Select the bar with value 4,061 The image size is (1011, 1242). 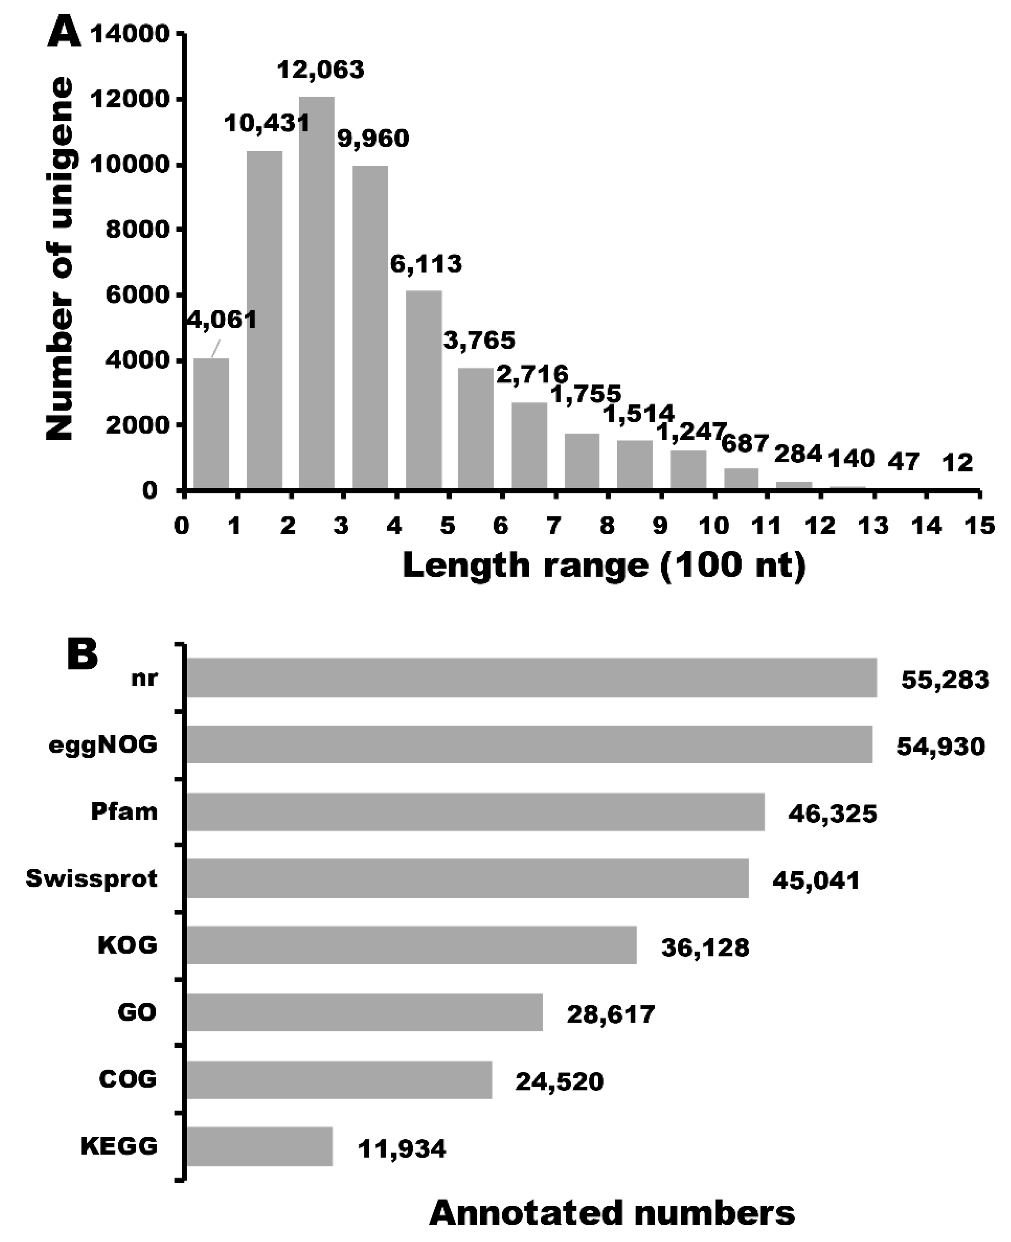(x=211, y=424)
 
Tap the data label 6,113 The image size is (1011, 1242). (x=426, y=264)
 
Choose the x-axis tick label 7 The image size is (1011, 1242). (x=553, y=526)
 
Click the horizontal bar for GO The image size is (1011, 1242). (x=365, y=1012)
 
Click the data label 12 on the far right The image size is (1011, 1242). (x=957, y=463)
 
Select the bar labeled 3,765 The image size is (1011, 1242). (x=476, y=428)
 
